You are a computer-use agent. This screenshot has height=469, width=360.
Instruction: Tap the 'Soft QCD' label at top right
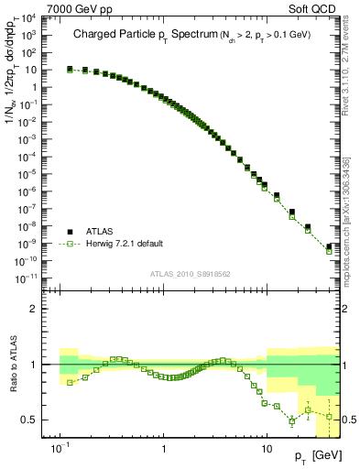[x=313, y=7]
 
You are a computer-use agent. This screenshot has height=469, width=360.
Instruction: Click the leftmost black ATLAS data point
[x=71, y=69]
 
